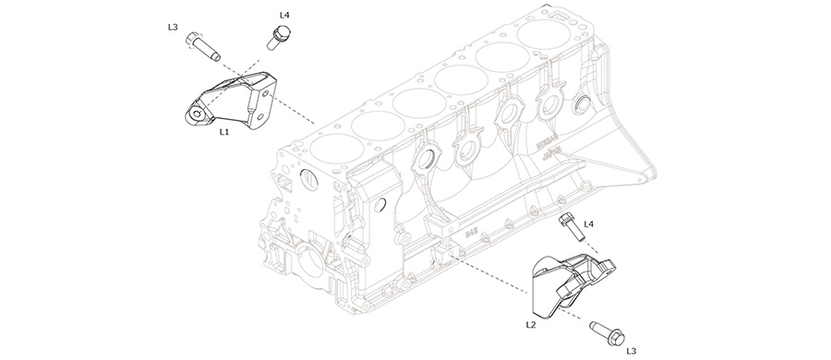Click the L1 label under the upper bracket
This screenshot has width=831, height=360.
tap(223, 132)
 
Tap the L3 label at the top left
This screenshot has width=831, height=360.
tap(173, 28)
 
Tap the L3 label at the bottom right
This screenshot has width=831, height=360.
tap(632, 350)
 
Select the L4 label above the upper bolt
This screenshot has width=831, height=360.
tap(284, 16)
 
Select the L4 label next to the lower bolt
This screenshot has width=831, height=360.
tap(588, 223)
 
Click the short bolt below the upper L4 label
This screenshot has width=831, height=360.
tap(276, 39)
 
